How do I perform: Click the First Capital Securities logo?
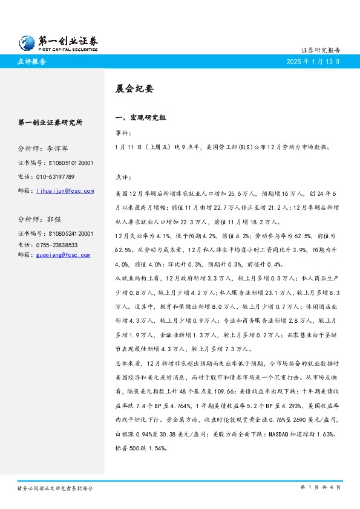coord(57,42)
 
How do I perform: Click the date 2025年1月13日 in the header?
coord(313,61)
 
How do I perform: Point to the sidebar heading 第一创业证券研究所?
coord(51,122)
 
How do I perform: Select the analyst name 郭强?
coord(54,219)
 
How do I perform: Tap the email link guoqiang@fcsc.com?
coord(63,255)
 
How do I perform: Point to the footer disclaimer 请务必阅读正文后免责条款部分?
coord(55,487)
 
